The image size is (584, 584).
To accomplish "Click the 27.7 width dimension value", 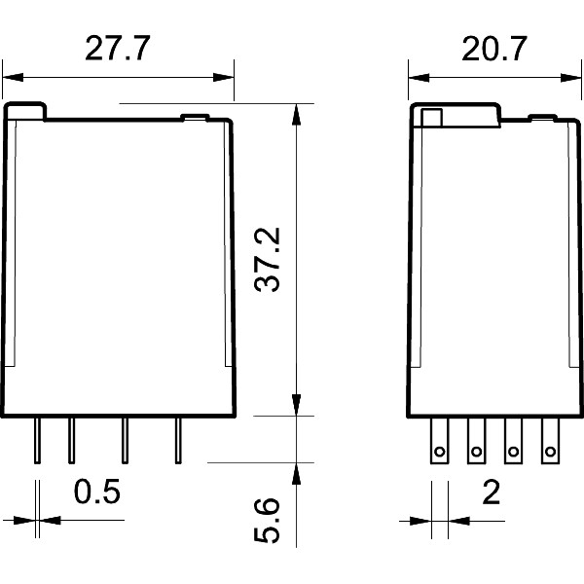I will pos(117,50).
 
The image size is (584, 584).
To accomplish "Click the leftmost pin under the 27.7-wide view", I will pos(37,439).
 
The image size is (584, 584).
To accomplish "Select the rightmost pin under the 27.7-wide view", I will pos(177,439).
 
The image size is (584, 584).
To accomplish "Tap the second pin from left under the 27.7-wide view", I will pos(71,439).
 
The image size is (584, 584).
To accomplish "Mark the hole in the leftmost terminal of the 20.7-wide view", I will pos(439,451).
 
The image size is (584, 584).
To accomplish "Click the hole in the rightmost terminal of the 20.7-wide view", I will pos(550,451).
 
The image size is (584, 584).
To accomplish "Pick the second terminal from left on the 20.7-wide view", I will pos(476,440).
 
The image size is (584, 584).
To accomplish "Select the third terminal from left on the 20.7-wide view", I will pos(513,440).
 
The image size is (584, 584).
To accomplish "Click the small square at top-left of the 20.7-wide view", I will pos(431,119).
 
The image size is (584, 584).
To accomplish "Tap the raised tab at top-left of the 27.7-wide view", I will pos(25,111).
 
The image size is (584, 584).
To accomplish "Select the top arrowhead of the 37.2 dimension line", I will pos(296,110).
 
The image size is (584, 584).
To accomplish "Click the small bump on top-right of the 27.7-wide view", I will pos(196,119).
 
